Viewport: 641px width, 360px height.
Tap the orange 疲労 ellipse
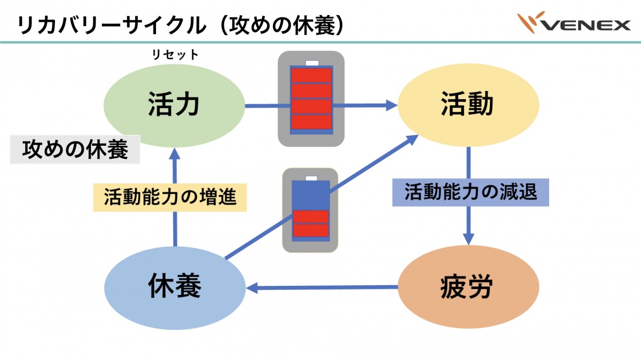[467, 288]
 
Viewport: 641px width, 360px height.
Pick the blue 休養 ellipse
[174, 288]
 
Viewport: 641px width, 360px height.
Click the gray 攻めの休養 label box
[75, 150]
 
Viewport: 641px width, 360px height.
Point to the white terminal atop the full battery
[311, 62]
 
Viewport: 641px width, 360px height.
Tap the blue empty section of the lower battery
[310, 195]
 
